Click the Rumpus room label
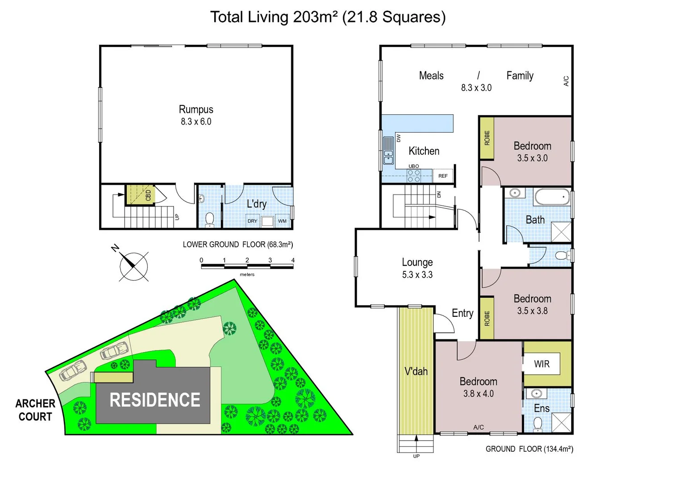coord(196,109)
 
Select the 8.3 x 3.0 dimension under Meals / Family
coord(476,88)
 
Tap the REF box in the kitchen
coord(443,176)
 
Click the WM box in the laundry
coord(282,221)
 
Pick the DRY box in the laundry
coord(252,221)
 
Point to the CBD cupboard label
coord(148,195)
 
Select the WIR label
coord(541,364)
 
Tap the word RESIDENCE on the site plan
coord(155,400)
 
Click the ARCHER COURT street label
coord(35,410)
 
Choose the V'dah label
coord(416,371)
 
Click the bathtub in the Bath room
coord(552,197)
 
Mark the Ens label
coord(541,408)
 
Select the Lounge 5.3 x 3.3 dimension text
coord(417,275)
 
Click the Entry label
coord(462,313)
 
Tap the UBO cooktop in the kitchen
coord(414,175)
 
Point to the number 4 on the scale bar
coord(293,260)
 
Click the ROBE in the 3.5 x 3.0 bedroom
coord(487,138)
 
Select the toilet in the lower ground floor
coord(209,219)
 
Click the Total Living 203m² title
coord(328,17)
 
